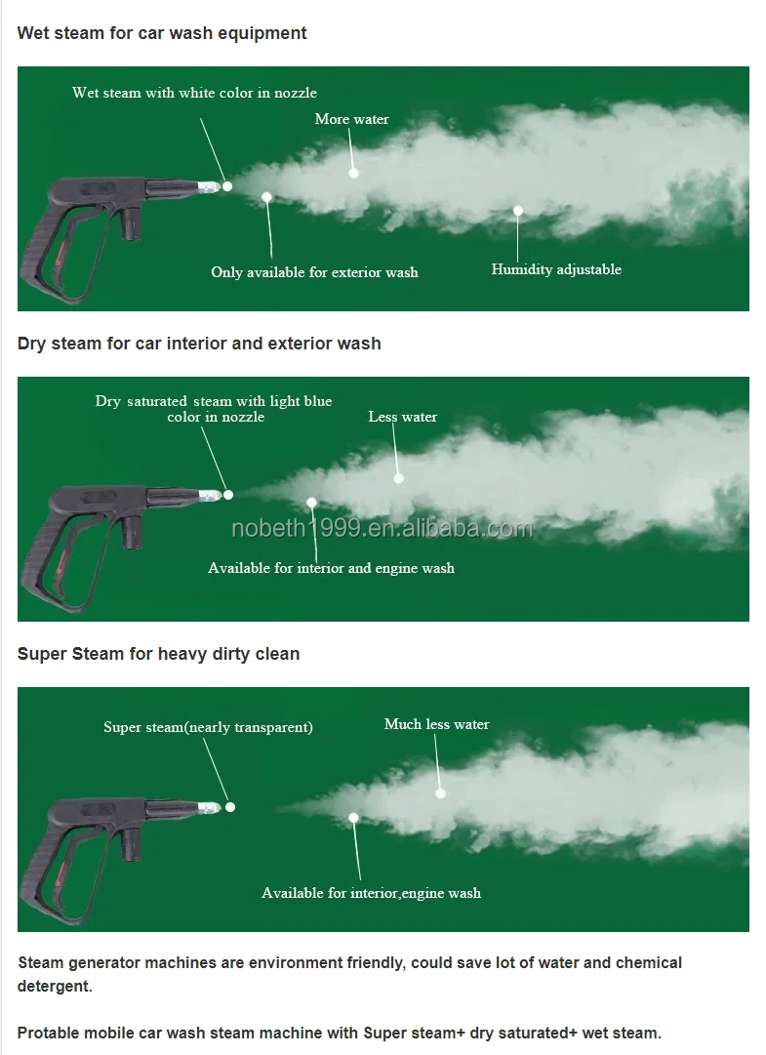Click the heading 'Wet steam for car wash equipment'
(x=162, y=33)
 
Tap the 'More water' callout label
(x=351, y=119)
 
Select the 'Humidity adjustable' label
(x=556, y=269)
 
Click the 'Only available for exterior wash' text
(x=314, y=272)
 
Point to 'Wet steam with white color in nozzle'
(x=194, y=93)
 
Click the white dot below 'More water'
(x=353, y=173)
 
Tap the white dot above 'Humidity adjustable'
(x=518, y=210)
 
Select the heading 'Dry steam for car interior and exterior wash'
(x=199, y=344)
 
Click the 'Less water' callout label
(x=402, y=417)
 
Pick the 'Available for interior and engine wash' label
(x=331, y=568)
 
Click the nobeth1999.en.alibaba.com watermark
(x=382, y=529)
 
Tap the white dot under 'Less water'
(x=398, y=478)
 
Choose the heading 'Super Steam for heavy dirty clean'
(x=158, y=654)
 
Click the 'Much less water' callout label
(x=436, y=724)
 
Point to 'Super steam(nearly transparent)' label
(x=208, y=727)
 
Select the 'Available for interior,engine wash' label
(x=371, y=893)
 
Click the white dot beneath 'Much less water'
(x=440, y=793)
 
